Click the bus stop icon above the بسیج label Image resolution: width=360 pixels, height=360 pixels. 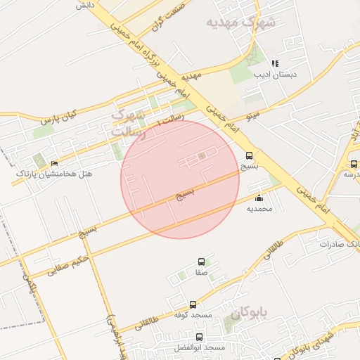(x=249, y=156)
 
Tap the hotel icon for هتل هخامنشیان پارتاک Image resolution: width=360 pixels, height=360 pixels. (x=55, y=164)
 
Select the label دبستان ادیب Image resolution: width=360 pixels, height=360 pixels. (x=276, y=74)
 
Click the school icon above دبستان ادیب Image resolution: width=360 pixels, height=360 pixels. (x=275, y=63)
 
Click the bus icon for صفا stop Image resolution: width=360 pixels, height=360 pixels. (x=201, y=261)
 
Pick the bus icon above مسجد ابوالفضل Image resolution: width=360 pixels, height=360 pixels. (x=200, y=337)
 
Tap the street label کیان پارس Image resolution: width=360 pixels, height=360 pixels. (x=57, y=117)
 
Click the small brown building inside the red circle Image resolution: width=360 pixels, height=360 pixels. (x=202, y=155)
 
